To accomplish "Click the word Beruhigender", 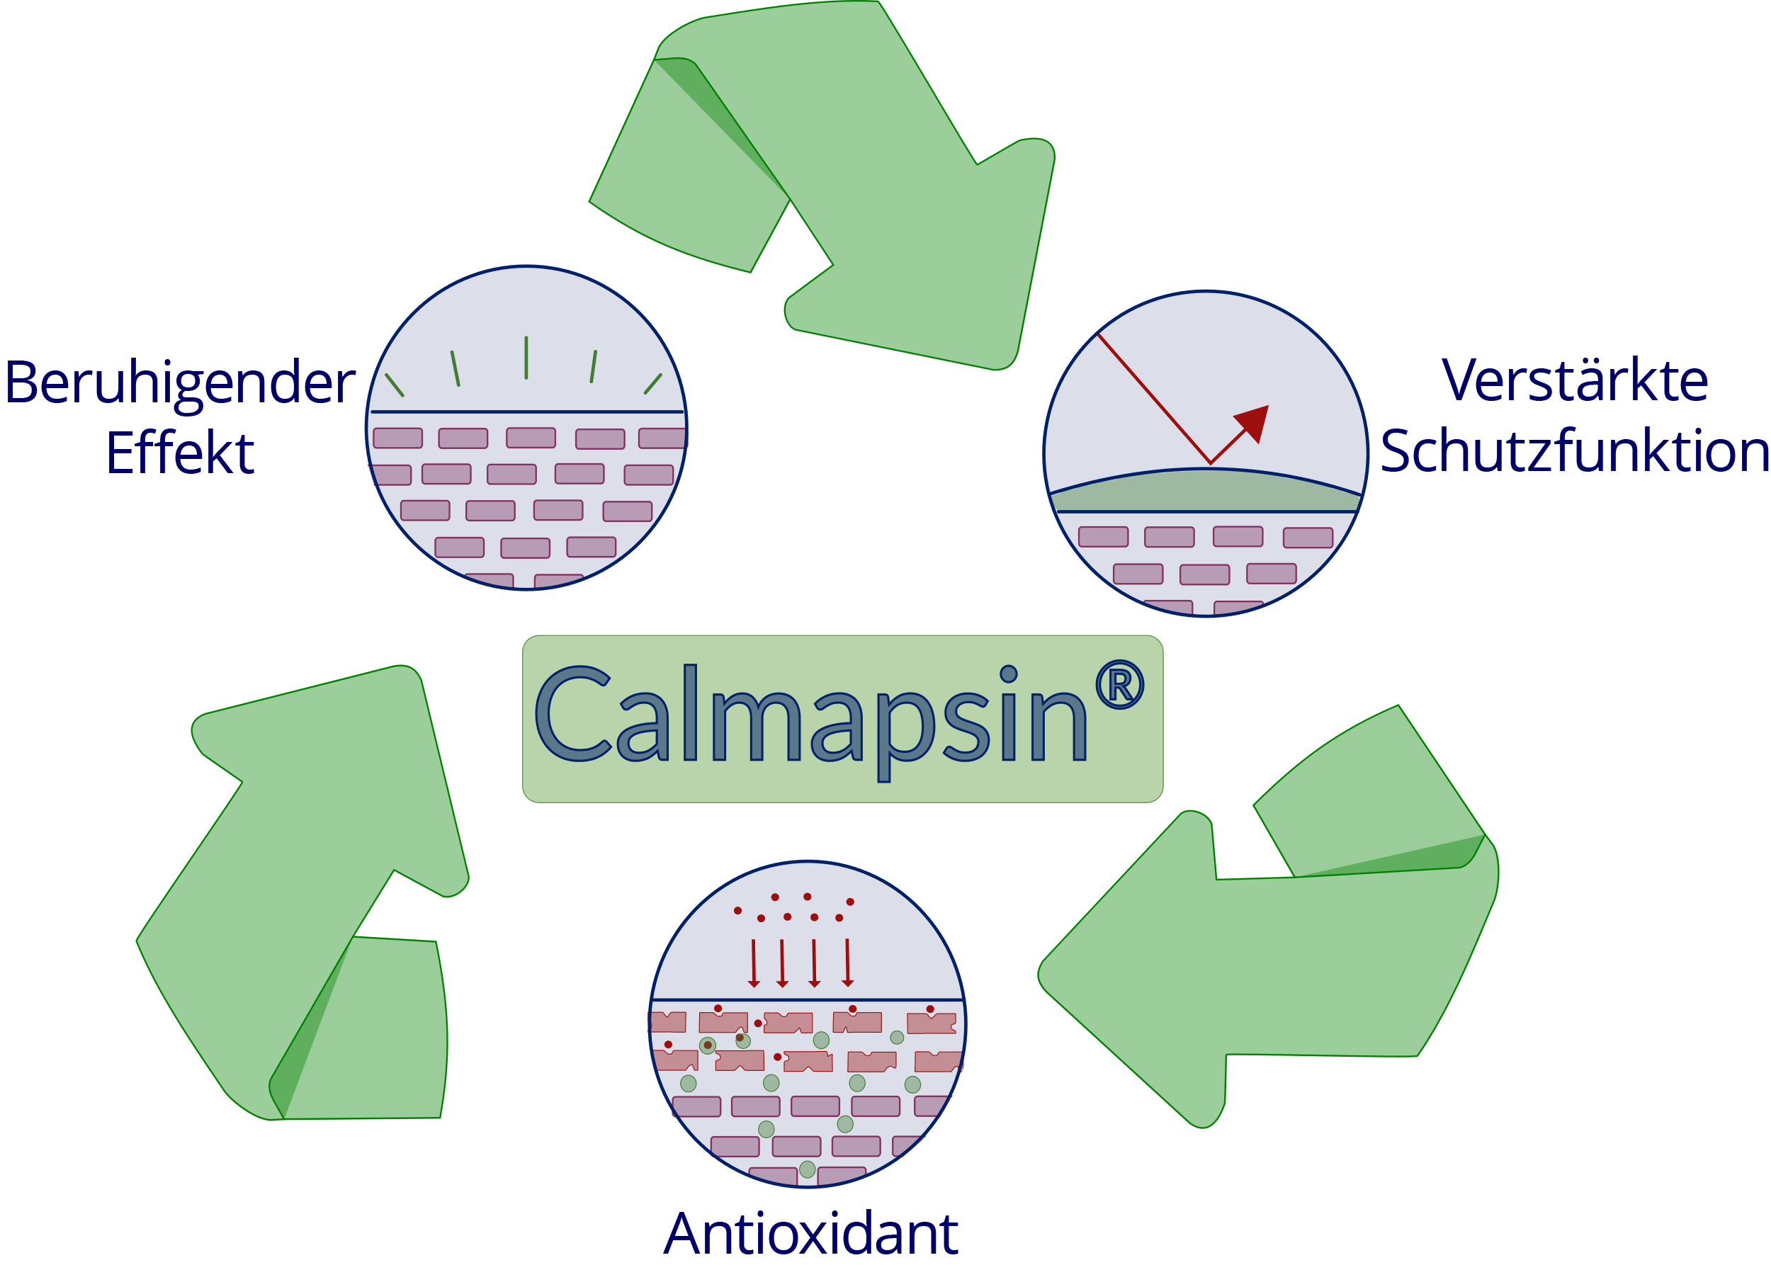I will click(180, 385).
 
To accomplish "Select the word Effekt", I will click(180, 453).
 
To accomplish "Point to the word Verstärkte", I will click(1575, 382).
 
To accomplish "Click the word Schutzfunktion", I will click(1575, 452).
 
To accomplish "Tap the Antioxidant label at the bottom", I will click(810, 1234).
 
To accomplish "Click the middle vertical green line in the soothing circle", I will click(527, 358).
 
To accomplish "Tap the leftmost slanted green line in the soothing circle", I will click(395, 385).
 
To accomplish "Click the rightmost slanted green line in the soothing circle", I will click(653, 384).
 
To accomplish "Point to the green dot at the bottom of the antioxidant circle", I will click(807, 1169).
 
